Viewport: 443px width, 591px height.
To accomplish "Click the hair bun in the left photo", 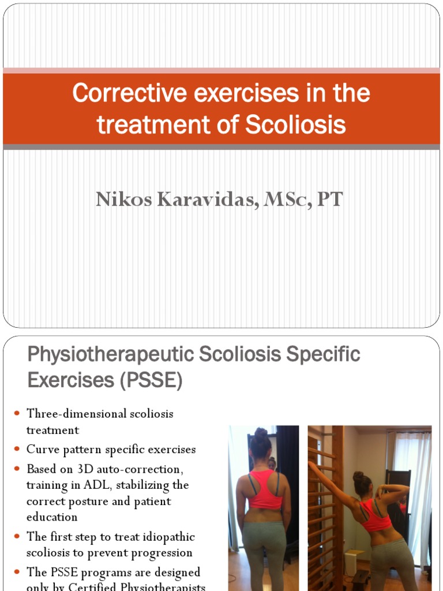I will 261,433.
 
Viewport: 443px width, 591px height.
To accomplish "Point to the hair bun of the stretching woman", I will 358,477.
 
